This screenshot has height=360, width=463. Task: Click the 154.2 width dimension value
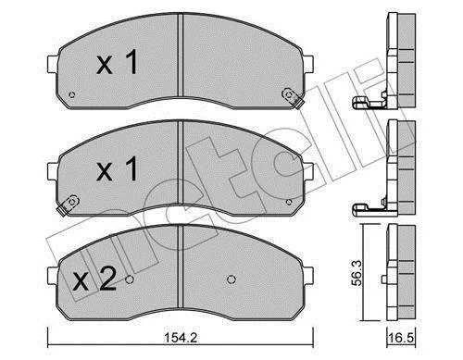point(181,338)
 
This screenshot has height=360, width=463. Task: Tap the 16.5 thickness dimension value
point(402,338)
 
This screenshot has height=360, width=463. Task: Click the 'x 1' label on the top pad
point(118,63)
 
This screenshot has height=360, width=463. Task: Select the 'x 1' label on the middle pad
point(118,168)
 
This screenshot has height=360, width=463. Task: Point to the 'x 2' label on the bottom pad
point(94,279)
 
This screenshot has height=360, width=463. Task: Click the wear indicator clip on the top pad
point(293,97)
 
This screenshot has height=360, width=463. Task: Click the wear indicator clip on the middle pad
point(68,205)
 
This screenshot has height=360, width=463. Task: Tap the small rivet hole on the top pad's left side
point(72,94)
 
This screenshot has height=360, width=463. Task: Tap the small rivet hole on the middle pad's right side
point(289,202)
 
